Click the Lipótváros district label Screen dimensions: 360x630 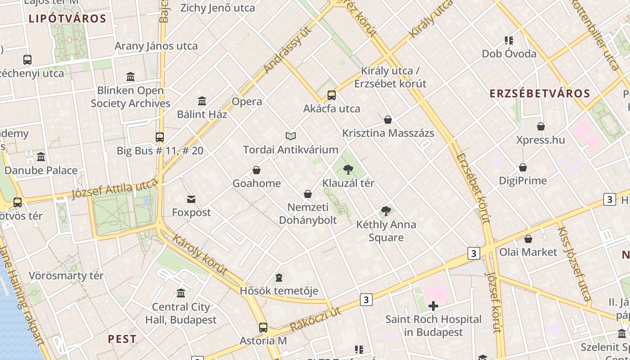coord(67,19)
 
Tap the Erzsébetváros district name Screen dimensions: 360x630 coord(540,94)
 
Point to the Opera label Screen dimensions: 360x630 coord(247,101)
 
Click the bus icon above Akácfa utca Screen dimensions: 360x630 coord(332,95)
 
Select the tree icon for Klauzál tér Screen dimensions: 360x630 coord(348,170)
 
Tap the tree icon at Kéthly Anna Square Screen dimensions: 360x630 coord(386,211)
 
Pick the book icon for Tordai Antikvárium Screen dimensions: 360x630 coord(291,136)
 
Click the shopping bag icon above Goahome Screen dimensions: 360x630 coord(256,170)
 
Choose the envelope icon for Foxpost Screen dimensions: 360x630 coord(191,199)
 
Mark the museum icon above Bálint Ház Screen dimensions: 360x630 coord(202,101)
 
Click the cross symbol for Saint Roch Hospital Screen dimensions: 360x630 coord(433,306)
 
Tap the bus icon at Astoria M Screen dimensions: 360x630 coord(263,327)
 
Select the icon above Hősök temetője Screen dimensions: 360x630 coord(279,277)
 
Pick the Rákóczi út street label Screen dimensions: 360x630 coord(315,320)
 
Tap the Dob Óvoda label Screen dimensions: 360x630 coord(509,54)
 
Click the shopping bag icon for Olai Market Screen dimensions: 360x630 coord(528,238)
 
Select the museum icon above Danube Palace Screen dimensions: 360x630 coord(41,157)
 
